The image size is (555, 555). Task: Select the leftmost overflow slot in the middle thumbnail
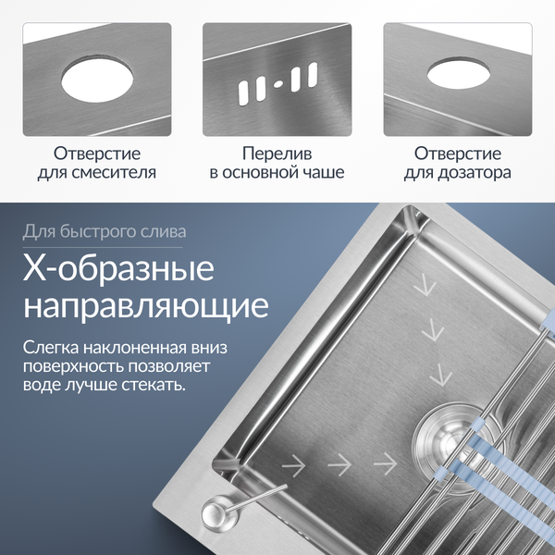(243, 91)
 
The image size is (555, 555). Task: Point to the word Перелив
(277, 153)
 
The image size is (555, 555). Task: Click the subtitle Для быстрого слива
(105, 230)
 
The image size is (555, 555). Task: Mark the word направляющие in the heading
(146, 305)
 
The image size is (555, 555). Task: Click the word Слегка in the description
(52, 349)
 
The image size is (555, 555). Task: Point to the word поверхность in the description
(76, 366)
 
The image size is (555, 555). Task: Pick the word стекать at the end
(153, 384)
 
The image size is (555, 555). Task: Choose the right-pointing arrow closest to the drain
(384, 460)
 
